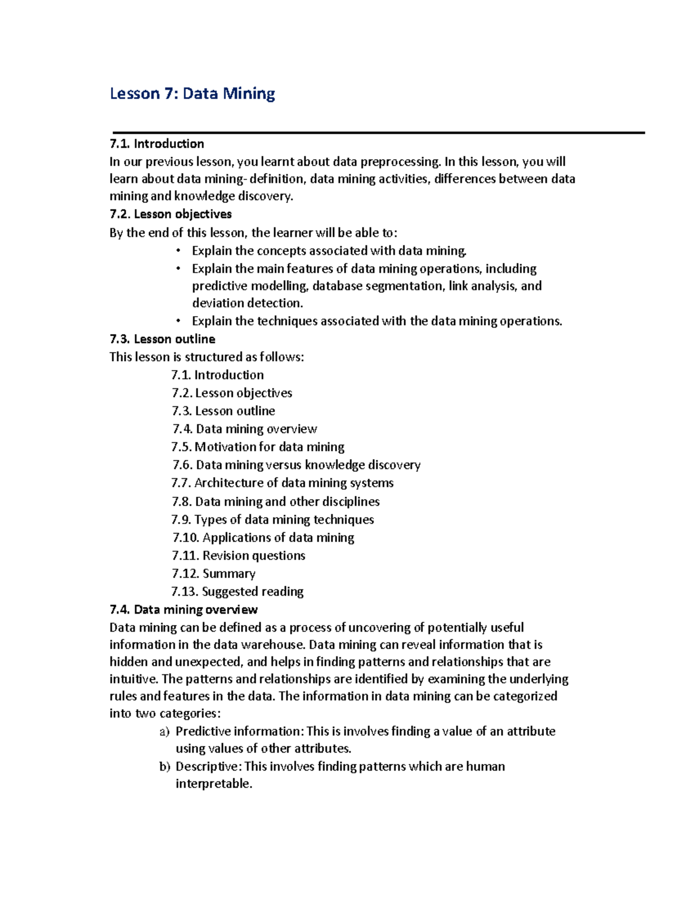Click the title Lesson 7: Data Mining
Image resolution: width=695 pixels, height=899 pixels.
[x=192, y=94]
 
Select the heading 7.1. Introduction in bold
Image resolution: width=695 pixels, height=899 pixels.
[x=157, y=144]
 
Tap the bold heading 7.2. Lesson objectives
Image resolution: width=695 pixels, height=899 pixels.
[x=170, y=214]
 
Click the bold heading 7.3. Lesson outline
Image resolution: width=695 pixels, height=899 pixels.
[x=162, y=339]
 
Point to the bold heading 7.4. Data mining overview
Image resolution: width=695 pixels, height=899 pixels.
[x=184, y=610]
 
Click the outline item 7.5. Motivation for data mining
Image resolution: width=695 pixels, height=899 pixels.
[x=258, y=447]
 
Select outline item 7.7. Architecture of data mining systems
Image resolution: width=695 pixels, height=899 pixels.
[x=283, y=483]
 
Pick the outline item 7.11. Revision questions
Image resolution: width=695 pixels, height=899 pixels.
[x=239, y=556]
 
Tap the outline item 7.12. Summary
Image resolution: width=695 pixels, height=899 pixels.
[x=214, y=574]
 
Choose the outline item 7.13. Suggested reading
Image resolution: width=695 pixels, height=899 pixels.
[x=237, y=592]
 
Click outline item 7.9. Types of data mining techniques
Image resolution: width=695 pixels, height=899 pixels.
[x=273, y=520]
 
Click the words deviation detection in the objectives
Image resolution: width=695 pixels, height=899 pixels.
[x=247, y=303]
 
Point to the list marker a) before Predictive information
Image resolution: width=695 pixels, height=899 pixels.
[x=164, y=732]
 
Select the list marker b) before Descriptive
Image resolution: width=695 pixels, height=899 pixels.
[x=164, y=767]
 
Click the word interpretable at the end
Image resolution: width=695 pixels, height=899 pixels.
[x=214, y=784]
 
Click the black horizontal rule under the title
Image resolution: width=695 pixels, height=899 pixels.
[x=379, y=133]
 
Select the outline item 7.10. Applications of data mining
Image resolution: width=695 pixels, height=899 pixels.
[x=264, y=538]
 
